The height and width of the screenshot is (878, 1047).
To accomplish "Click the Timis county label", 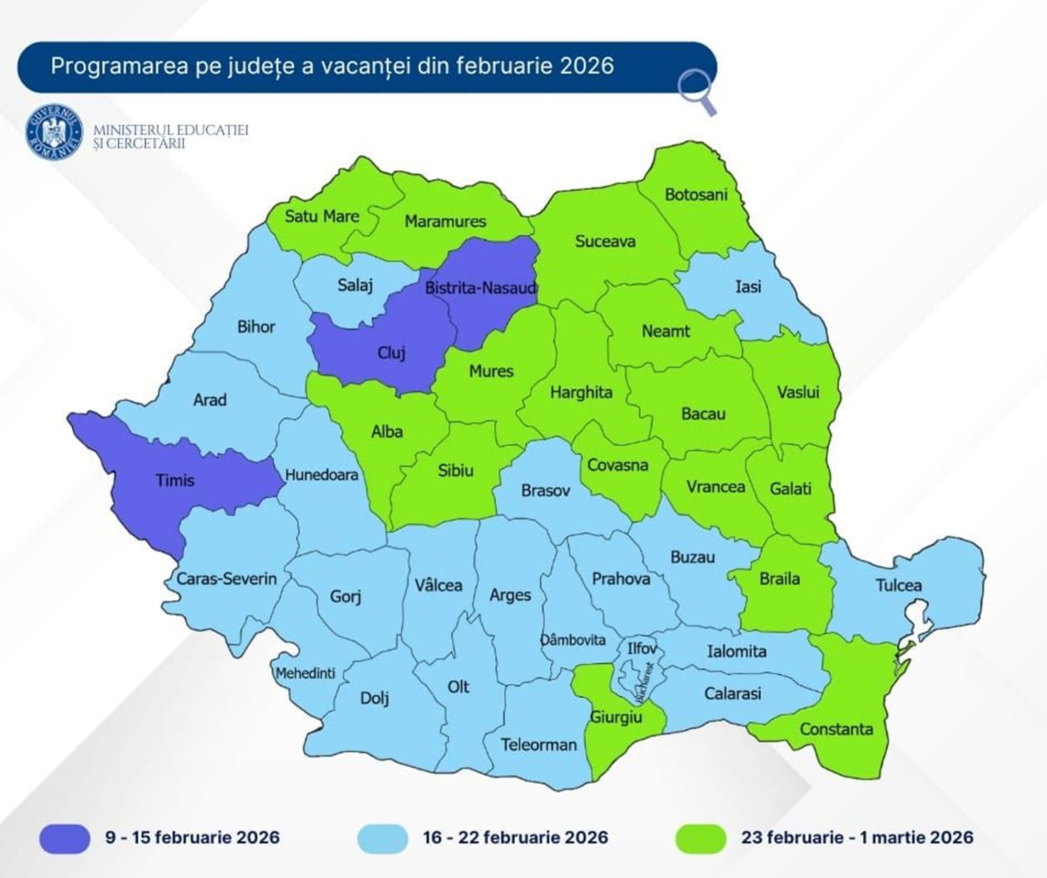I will [x=175, y=480].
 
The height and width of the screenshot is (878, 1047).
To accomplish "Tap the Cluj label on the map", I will [x=392, y=353].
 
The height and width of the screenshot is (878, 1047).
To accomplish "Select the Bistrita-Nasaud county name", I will [x=481, y=288].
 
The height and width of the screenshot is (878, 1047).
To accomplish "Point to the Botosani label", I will [x=696, y=195].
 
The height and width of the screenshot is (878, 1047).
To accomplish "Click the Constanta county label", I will [x=836, y=729].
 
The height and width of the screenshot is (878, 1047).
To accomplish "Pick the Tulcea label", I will [x=899, y=585].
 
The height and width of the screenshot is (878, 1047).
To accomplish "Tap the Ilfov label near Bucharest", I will [x=642, y=649].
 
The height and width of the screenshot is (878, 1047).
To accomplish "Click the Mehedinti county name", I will [x=306, y=673].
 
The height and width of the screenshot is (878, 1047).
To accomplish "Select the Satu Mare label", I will [x=321, y=216].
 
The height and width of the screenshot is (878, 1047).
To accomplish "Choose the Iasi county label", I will [x=748, y=287].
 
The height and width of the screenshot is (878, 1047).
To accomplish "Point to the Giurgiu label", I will [x=616, y=717].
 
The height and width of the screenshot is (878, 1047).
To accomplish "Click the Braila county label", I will [x=779, y=579].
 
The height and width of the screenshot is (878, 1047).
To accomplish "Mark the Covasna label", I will [x=618, y=465].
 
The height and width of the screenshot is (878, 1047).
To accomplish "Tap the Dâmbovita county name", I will [x=573, y=640].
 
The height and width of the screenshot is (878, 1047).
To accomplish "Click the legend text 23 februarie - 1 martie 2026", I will [x=857, y=837].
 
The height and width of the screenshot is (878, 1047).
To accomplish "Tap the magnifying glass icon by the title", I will [x=697, y=92].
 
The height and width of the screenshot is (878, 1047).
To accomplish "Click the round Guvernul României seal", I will [x=54, y=131].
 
